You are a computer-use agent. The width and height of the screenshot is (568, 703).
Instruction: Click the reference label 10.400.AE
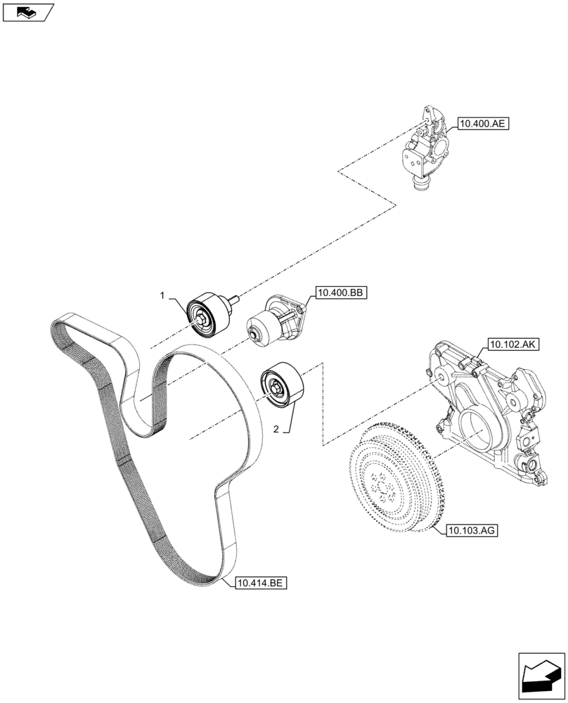(482, 124)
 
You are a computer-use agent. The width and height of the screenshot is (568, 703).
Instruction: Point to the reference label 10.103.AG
(470, 532)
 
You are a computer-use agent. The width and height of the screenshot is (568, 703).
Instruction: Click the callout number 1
(162, 297)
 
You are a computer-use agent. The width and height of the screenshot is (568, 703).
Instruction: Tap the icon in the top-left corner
(28, 11)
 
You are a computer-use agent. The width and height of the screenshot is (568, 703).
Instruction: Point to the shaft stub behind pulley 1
(231, 302)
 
